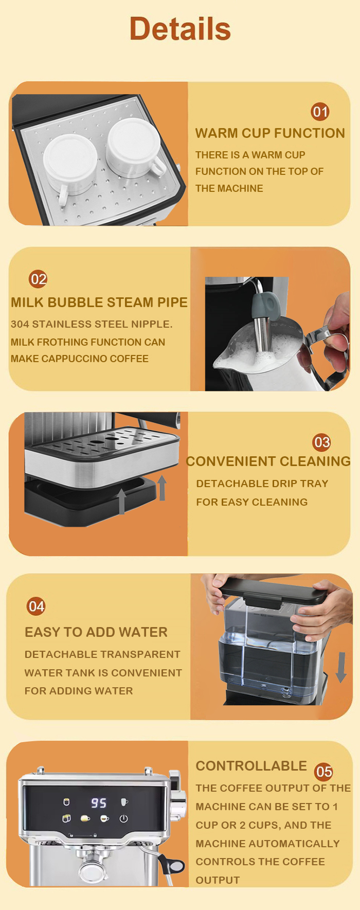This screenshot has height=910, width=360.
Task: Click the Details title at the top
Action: pyautogui.click(x=180, y=28)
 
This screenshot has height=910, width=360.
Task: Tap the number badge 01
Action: pyautogui.click(x=320, y=112)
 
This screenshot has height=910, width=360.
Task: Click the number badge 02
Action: pyautogui.click(x=38, y=279)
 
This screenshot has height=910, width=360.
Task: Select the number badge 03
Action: pyautogui.click(x=321, y=442)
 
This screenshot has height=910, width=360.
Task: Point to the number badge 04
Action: pyautogui.click(x=36, y=606)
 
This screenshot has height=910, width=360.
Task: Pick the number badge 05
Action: pyautogui.click(x=323, y=772)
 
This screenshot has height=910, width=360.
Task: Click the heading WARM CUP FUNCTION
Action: pyautogui.click(x=270, y=133)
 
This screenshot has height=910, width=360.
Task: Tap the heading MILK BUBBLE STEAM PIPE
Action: pyautogui.click(x=99, y=302)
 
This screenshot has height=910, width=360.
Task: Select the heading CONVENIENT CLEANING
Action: pyautogui.click(x=268, y=461)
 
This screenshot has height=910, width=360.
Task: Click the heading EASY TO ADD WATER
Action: pyautogui.click(x=96, y=632)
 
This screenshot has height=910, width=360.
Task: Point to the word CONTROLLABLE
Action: pyautogui.click(x=251, y=766)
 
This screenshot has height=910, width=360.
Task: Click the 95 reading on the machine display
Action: pyautogui.click(x=99, y=803)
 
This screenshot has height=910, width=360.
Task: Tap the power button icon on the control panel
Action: pyautogui.click(x=123, y=818)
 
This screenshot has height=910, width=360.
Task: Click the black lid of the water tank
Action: pyautogui.click(x=275, y=591)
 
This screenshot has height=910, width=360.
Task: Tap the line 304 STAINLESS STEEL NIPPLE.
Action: pyautogui.click(x=92, y=324)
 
